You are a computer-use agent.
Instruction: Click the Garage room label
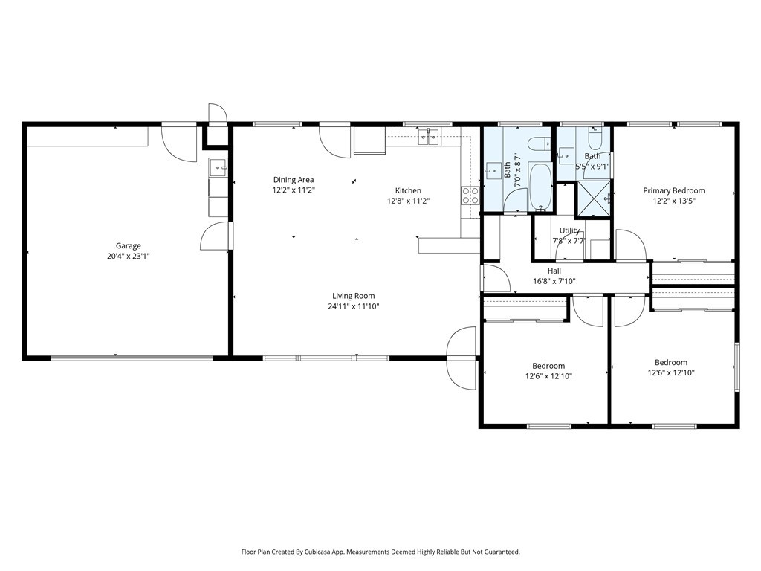coord(128,245)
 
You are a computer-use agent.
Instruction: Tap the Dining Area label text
coord(294,180)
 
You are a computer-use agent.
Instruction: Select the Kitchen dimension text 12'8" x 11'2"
coord(408,201)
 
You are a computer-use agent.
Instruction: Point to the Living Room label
coord(353,296)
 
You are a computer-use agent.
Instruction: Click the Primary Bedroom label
coord(673,190)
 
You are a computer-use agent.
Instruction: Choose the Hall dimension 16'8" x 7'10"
coord(554,281)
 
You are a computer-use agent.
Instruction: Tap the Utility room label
coord(569,230)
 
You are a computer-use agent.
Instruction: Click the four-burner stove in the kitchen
coord(470,196)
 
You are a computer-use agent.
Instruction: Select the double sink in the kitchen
coord(429,137)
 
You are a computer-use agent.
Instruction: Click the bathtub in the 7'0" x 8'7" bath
coord(540,187)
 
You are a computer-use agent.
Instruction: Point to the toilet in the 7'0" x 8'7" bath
coord(540,144)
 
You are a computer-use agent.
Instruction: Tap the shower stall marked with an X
coord(592,199)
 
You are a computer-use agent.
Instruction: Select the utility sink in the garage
coord(218,167)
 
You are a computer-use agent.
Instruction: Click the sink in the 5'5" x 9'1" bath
coord(566,156)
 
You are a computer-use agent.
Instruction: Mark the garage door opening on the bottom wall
coord(132,358)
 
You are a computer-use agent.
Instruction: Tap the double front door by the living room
coord(461,358)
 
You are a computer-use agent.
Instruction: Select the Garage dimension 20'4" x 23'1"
coord(128,256)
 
